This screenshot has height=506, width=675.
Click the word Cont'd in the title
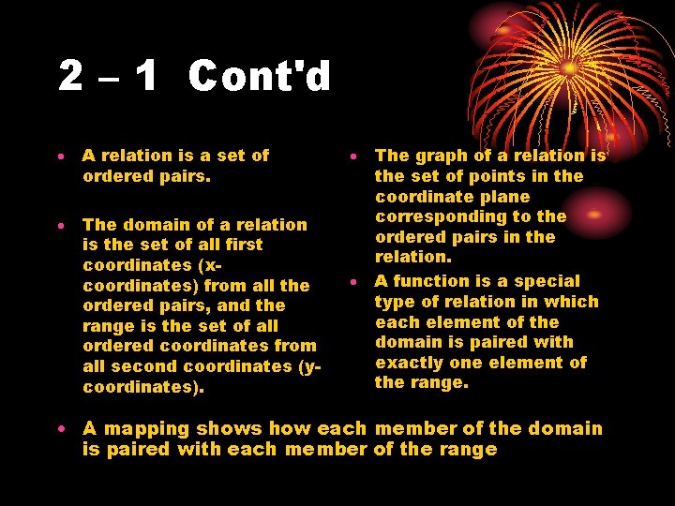click(260, 76)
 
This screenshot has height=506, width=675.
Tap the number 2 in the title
click(70, 76)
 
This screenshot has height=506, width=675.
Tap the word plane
click(504, 197)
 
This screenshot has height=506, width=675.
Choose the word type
click(395, 302)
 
